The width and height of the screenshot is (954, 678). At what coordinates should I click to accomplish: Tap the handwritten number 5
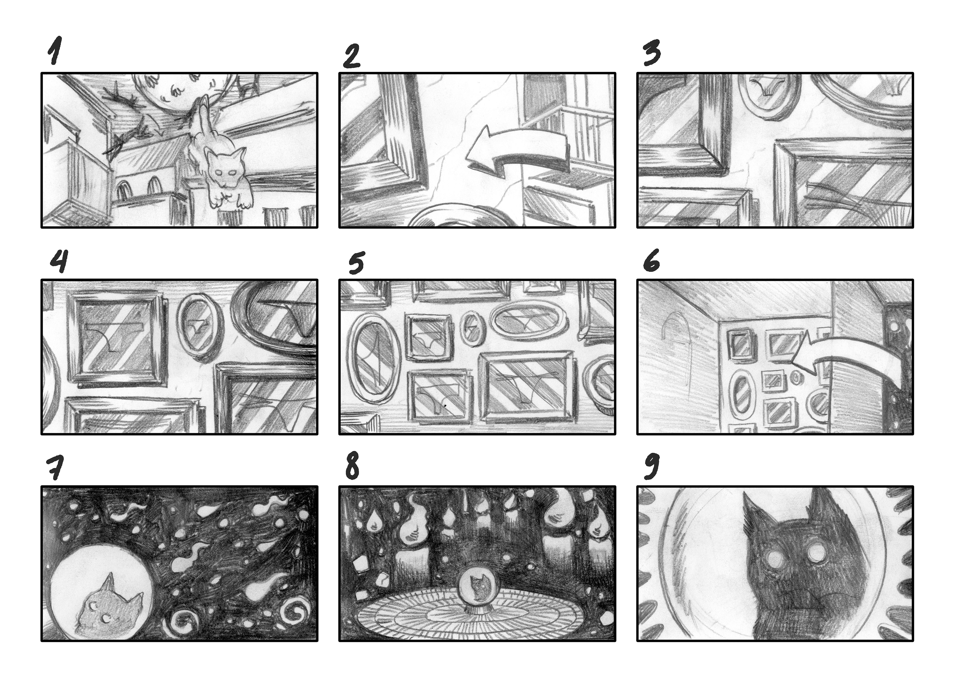[x=356, y=262]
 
